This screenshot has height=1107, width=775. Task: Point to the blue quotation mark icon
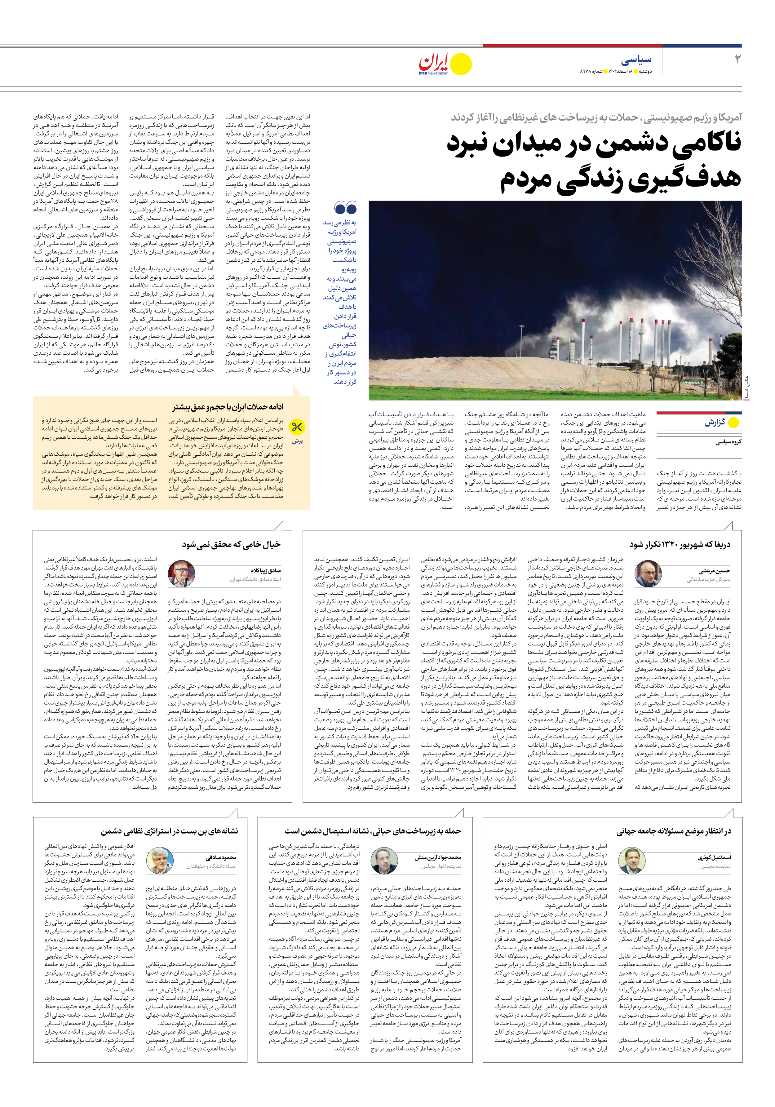coord(345,208)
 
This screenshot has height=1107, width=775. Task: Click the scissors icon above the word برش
coord(296,427)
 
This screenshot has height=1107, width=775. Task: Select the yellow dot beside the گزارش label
coord(733,423)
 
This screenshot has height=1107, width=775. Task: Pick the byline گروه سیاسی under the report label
coord(728,442)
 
